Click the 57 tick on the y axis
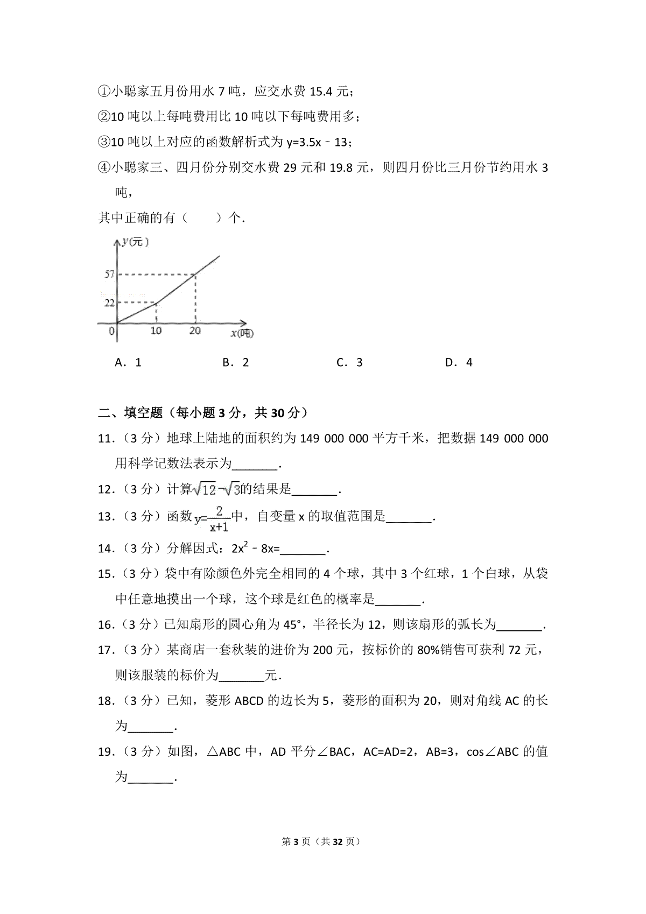tap(109, 275)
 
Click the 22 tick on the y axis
tap(109, 303)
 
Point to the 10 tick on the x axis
tap(156, 331)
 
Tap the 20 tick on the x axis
tap(194, 331)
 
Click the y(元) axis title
tap(135, 242)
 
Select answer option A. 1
tap(128, 362)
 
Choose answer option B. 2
tap(236, 362)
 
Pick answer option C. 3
tap(349, 362)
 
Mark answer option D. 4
tap(459, 362)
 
